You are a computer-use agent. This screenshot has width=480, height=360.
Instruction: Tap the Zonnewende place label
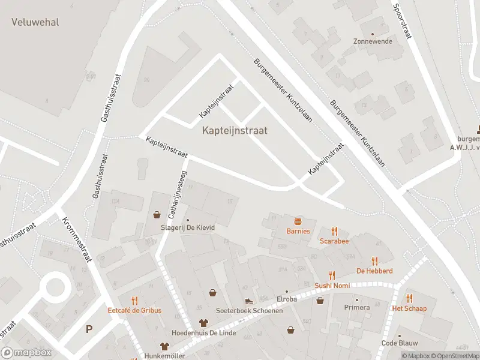[x=373, y=41]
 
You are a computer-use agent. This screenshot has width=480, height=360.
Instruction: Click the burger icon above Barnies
[x=298, y=221]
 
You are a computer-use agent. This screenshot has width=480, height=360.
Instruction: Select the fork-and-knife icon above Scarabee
[x=334, y=231]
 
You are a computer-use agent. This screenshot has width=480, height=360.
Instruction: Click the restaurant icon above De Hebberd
[x=374, y=261]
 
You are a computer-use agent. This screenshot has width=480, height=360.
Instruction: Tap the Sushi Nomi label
[x=332, y=286]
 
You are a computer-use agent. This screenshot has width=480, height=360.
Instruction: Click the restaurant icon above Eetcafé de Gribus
[x=134, y=301]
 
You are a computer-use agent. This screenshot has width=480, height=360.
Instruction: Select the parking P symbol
[x=89, y=329]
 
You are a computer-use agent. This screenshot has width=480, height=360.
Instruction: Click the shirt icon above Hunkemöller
[x=164, y=346]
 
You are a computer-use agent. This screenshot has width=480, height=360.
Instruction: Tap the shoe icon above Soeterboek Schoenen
[x=248, y=301]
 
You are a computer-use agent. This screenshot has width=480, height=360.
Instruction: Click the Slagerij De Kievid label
[x=188, y=228]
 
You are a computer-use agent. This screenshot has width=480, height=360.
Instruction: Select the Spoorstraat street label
[x=402, y=22]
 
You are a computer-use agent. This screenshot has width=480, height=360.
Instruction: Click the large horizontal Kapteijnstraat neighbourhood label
[x=235, y=130]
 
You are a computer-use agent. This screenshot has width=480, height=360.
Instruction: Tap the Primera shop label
[x=357, y=307]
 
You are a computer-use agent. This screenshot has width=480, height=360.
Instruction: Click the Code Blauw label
[x=399, y=343]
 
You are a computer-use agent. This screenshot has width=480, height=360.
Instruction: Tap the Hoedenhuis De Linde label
[x=203, y=333]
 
